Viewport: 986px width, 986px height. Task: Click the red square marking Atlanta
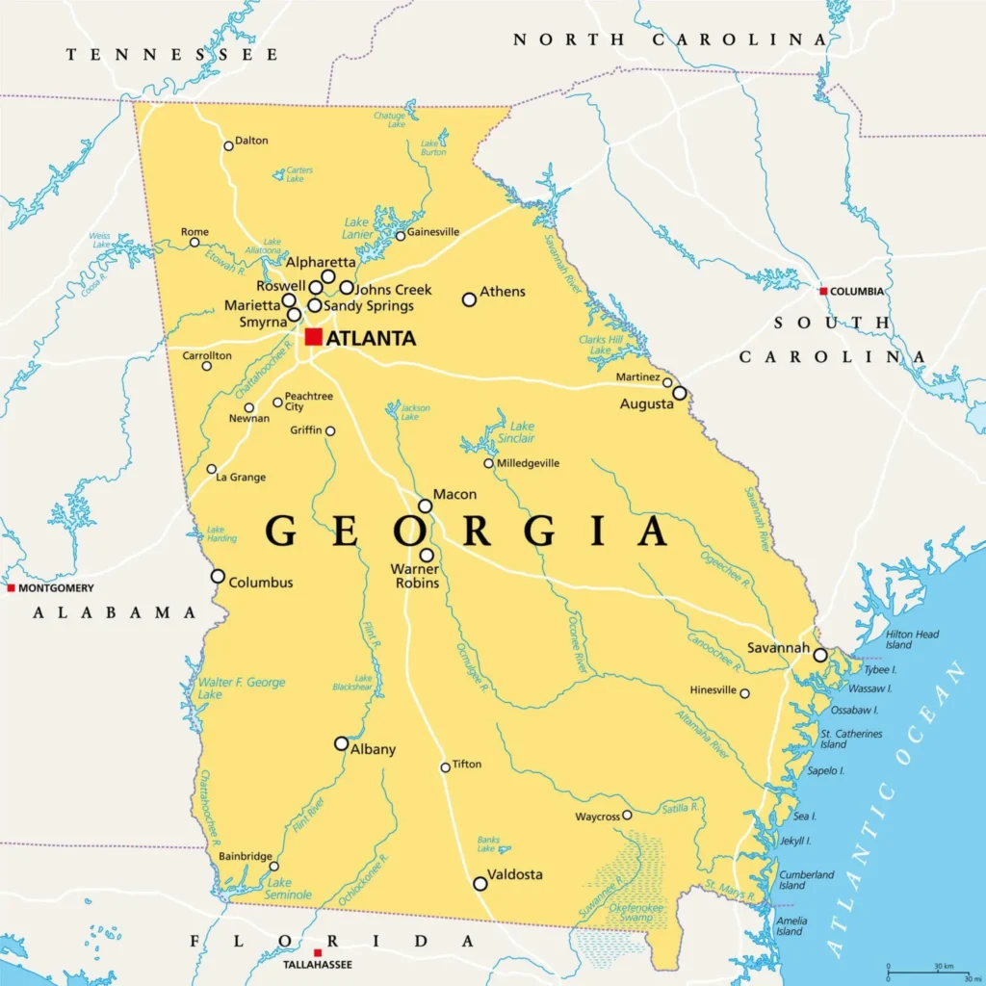point(314,337)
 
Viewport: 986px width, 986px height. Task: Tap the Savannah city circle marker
point(819,655)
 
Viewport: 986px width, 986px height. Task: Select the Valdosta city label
point(516,874)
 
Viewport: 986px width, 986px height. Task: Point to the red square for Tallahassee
point(317,953)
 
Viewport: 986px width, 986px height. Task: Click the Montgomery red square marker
point(11,587)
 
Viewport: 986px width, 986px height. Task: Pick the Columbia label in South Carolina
point(857,291)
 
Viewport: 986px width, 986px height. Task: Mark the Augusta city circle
point(680,393)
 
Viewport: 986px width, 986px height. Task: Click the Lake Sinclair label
point(522,432)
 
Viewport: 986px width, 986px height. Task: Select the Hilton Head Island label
point(912,639)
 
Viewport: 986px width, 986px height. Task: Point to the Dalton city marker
point(228,145)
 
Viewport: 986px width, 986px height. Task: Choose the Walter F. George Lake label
point(242,688)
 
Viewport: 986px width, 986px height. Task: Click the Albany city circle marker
point(341,743)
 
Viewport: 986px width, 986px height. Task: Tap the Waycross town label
point(597,817)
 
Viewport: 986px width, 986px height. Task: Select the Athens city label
point(503,292)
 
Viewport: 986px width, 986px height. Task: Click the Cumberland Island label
point(806,880)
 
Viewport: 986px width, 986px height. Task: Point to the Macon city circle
point(425,506)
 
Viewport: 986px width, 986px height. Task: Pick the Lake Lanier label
point(356,227)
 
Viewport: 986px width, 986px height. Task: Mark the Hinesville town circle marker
point(744,693)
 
